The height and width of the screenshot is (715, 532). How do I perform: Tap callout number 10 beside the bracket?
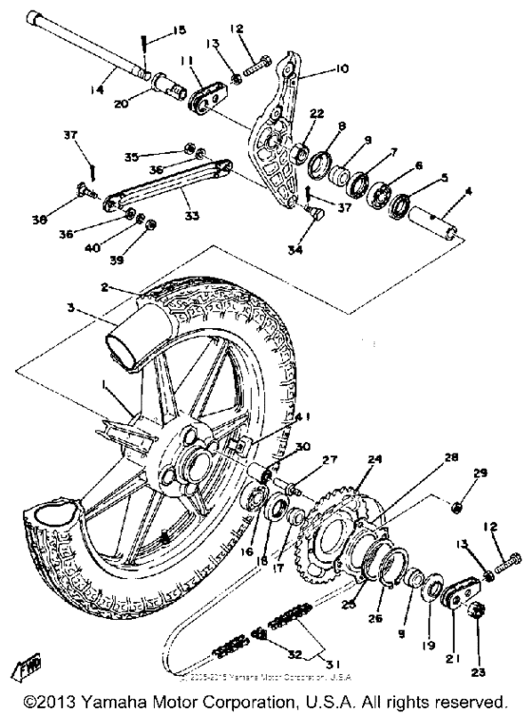pyautogui.click(x=340, y=69)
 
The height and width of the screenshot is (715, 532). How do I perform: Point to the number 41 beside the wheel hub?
pyautogui.click(x=302, y=415)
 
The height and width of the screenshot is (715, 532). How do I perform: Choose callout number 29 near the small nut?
pyautogui.click(x=479, y=472)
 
